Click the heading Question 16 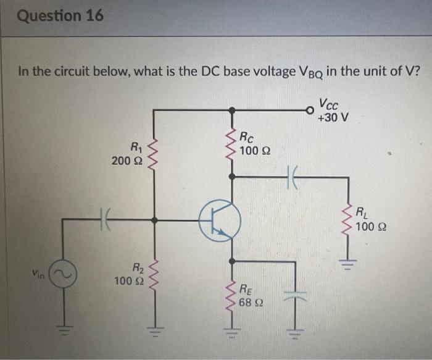coord(60,15)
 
